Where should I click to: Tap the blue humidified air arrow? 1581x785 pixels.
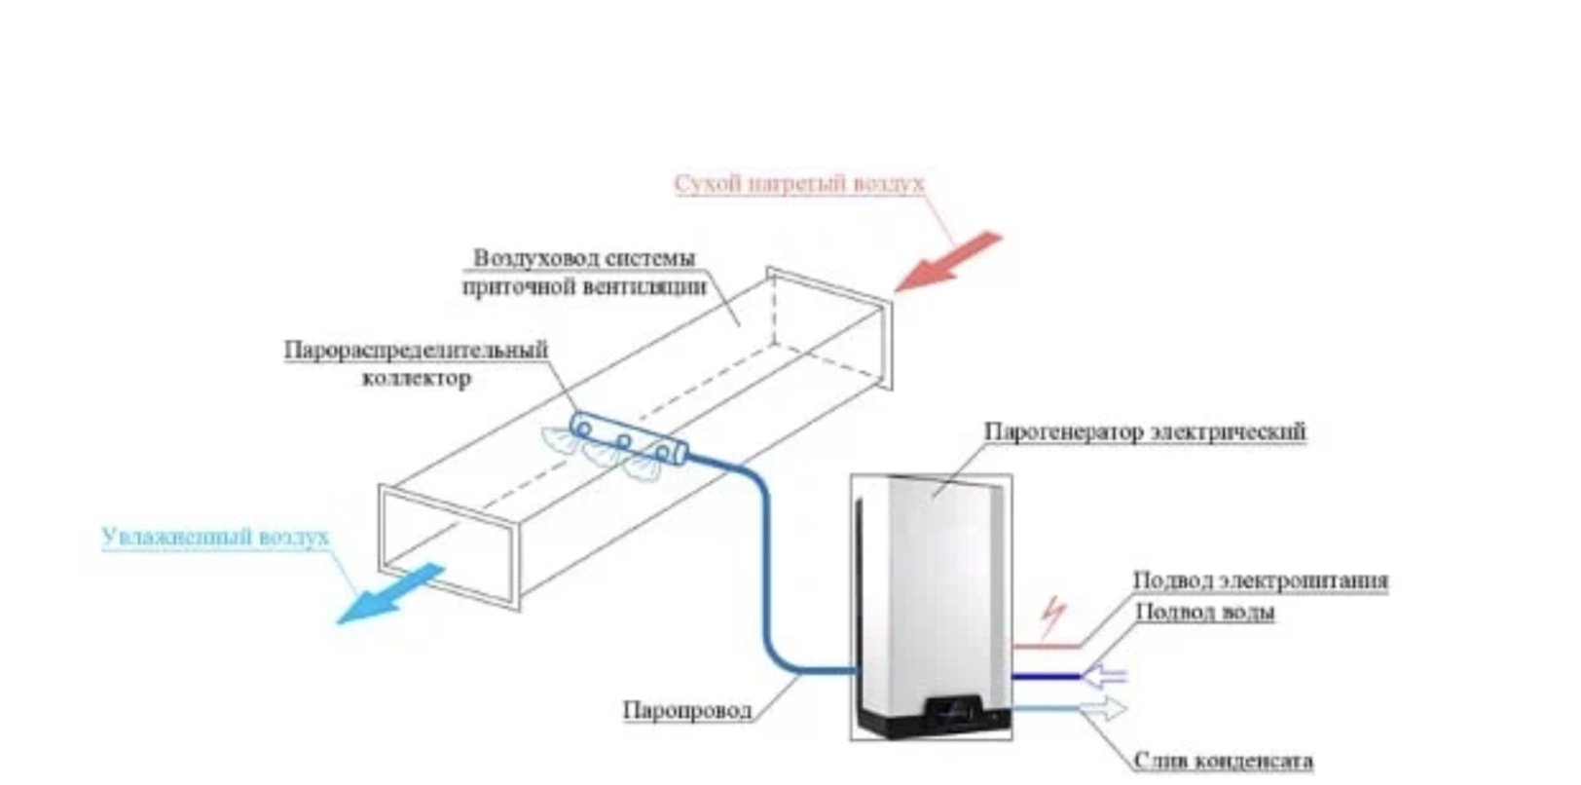point(389,593)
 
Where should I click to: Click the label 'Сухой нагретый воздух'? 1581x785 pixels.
point(798,183)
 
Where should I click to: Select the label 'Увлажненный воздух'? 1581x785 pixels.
point(215,537)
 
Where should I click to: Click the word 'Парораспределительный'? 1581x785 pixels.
point(416,349)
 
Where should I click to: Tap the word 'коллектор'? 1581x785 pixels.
point(416,378)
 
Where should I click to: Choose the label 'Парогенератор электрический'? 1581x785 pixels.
point(1144,430)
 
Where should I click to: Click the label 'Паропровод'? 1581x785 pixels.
point(687,710)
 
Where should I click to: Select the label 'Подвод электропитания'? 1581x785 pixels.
point(1260,580)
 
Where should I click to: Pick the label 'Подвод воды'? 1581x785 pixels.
point(1204,612)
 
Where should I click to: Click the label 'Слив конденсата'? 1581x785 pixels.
point(1223,760)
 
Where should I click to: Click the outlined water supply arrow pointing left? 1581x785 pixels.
point(1105,674)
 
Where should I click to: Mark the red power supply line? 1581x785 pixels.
point(1047,645)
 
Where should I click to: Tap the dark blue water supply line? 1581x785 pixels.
point(1047,675)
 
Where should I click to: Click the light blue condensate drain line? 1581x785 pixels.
point(1047,708)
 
